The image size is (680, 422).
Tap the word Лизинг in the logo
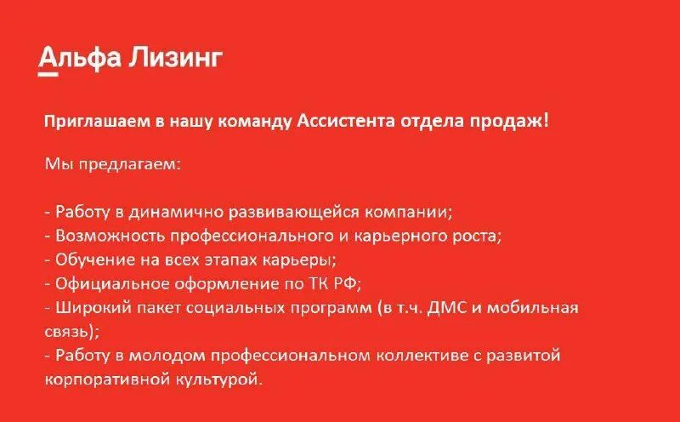[177, 59]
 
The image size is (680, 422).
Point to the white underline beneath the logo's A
[48, 75]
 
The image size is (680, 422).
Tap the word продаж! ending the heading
[513, 121]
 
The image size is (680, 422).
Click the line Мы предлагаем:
[112, 163]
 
